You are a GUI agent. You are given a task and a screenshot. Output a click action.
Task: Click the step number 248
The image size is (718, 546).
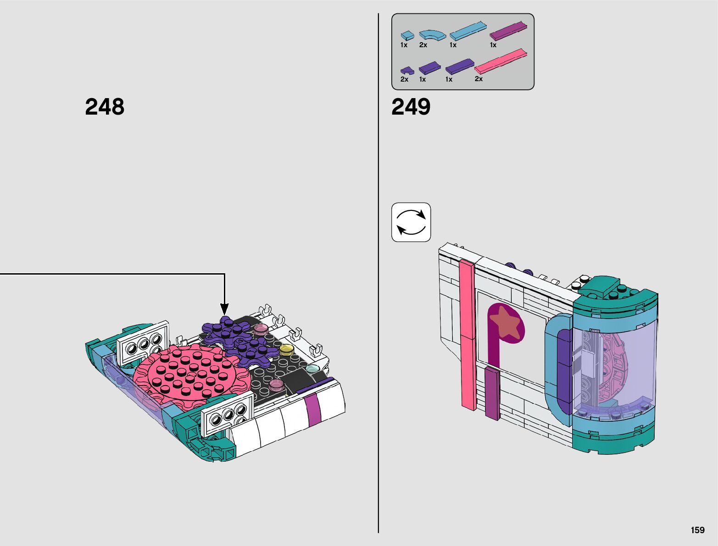[x=105, y=106]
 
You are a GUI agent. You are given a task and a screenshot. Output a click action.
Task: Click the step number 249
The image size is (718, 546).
[x=411, y=106]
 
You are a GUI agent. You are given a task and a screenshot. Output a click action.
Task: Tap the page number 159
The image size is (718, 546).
[x=698, y=530]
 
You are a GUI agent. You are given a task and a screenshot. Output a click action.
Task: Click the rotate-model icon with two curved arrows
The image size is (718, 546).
[x=411, y=222]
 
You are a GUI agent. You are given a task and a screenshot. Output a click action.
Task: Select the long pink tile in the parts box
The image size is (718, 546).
[x=501, y=61]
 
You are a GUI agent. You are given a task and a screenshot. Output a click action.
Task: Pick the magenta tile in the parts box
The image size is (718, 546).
[x=508, y=31]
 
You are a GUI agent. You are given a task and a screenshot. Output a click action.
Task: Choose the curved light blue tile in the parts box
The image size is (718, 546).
[x=433, y=35]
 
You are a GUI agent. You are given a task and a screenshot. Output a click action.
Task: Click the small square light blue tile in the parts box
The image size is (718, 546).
[x=407, y=35]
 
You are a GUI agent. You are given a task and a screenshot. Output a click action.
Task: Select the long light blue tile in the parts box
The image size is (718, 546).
[x=468, y=31]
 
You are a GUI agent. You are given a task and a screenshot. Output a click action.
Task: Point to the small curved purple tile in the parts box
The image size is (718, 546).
[x=407, y=71]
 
